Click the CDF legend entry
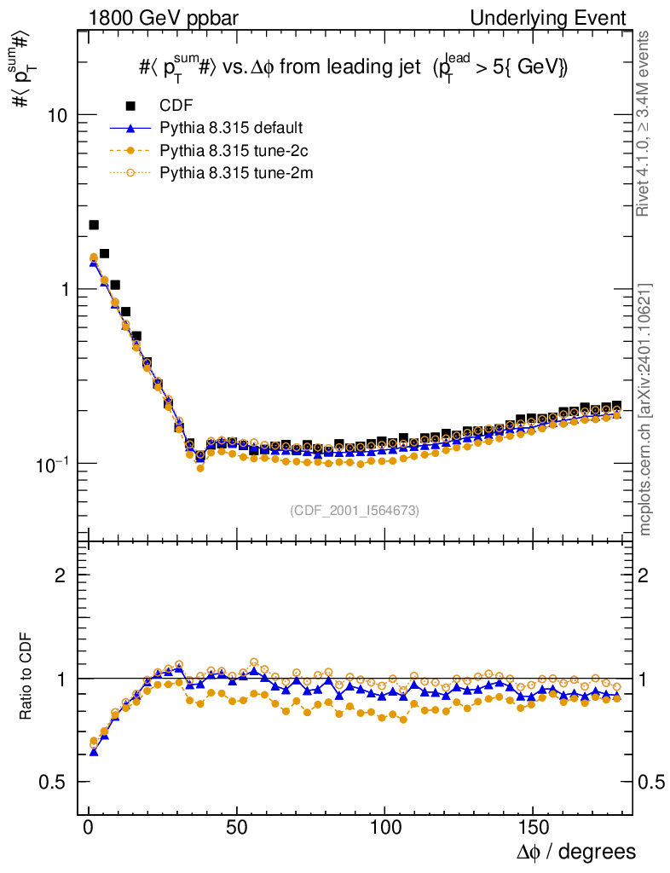176,106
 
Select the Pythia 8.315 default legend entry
231,129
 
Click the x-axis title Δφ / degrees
575,852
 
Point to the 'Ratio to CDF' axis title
26,678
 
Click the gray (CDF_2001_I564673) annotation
355,511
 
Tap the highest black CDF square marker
94,225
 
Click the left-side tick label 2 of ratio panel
61,575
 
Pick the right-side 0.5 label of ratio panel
651,783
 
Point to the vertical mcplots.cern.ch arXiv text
645,409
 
